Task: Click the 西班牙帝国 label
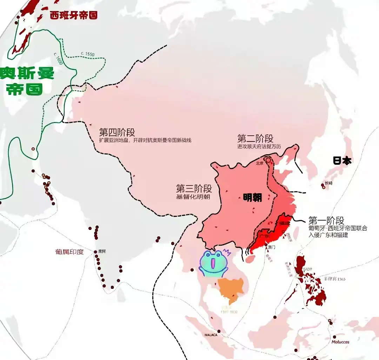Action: coord(73,15)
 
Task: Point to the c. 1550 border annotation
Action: coord(87,54)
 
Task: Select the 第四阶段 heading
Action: coord(117,132)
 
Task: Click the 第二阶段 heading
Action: coord(255,138)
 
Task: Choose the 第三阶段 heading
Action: coord(194,188)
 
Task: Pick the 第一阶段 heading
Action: coord(326,220)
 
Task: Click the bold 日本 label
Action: coord(342,161)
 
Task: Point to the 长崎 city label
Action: coord(328,183)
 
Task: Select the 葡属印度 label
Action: coord(69,251)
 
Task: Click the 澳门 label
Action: coord(271,247)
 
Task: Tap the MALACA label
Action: coord(211,335)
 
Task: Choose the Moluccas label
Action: coord(340,342)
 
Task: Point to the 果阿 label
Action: coord(102,251)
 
